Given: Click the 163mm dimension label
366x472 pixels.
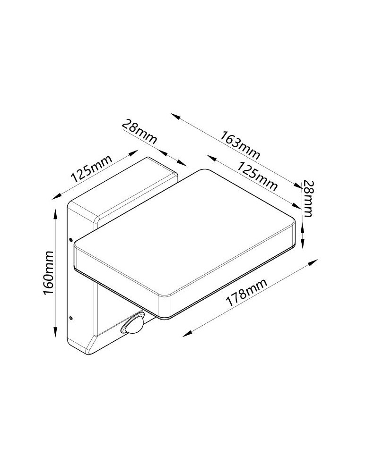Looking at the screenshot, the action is point(240,145).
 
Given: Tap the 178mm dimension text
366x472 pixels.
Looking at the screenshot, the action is point(246,293).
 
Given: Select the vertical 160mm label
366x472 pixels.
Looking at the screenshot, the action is point(49,273).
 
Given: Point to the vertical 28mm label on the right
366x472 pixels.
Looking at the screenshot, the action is point(308,198).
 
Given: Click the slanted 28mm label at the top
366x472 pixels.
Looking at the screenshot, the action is point(139,132).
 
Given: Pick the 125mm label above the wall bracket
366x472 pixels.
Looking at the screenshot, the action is point(91,169).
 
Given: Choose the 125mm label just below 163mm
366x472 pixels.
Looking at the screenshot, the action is point(256,176).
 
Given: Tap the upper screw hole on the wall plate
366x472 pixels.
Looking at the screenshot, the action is point(70,239).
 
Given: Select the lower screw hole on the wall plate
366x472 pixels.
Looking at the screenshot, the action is point(71,317).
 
